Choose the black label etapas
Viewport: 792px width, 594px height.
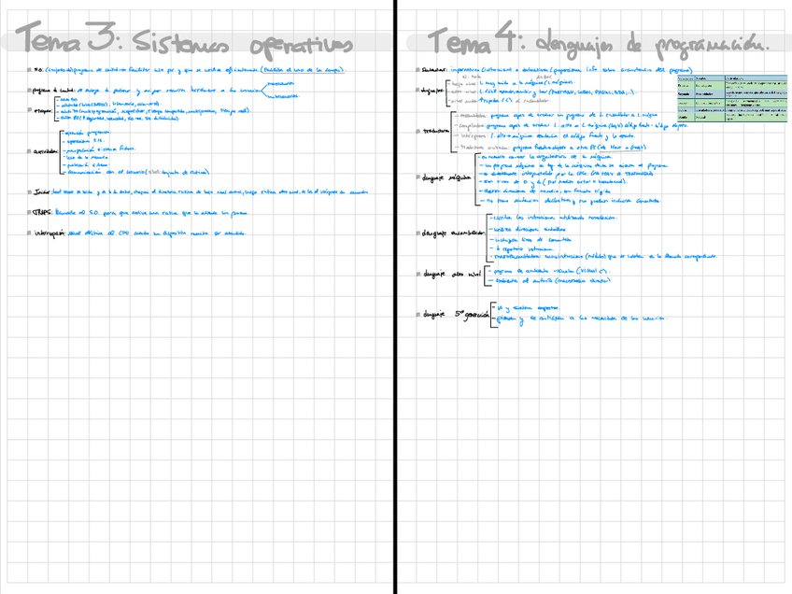[x=43, y=109]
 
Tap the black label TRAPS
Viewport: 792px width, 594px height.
[x=41, y=213]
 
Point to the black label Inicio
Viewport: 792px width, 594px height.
[x=41, y=192]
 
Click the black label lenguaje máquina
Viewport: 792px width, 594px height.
[x=445, y=176]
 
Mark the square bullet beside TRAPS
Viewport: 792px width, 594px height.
[x=30, y=213]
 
